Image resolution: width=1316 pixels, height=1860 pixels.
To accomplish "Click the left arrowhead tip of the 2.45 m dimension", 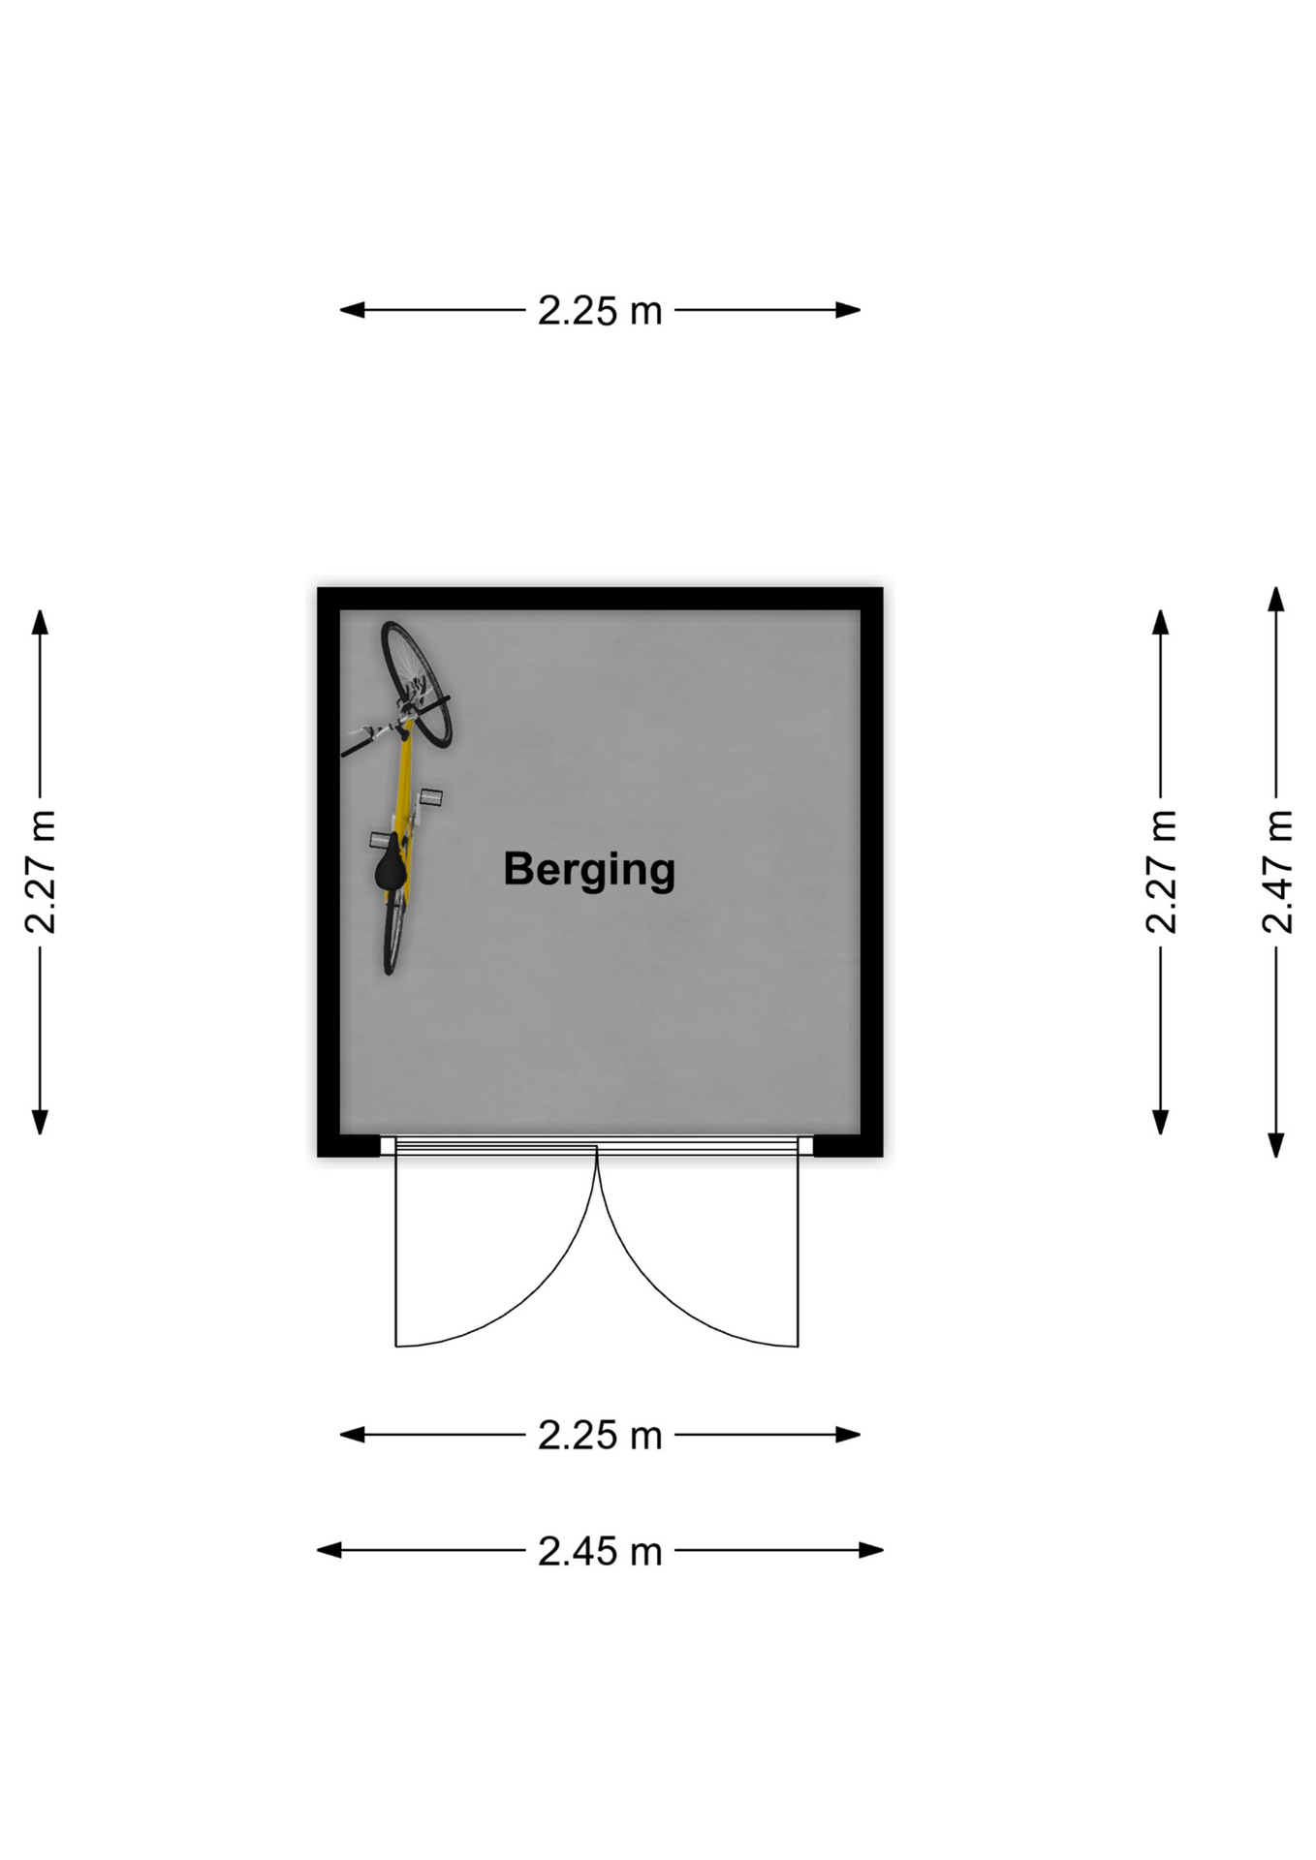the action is coord(318,1550).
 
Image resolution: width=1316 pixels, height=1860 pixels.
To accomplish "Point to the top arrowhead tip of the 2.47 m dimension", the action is coord(1276,587).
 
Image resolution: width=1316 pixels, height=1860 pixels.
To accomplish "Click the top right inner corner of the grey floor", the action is coord(861,610).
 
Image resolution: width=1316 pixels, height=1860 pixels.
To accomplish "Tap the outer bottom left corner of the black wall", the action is coord(318,1157).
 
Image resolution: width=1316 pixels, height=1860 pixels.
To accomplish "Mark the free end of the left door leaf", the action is coord(396,1346).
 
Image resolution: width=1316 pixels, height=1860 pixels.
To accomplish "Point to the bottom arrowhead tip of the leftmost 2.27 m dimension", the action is coord(40,1134).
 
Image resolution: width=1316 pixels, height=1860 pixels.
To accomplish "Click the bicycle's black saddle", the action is coord(391,865).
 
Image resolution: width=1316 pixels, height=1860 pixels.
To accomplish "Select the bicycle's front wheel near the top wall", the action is coord(417,684).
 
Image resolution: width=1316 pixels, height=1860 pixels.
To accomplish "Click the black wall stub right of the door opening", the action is coord(848,1146).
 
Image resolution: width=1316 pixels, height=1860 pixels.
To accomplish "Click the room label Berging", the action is coord(589,870).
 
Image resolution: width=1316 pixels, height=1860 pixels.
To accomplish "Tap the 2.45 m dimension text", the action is coord(600,1551).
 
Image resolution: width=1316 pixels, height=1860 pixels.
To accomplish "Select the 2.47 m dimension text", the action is coord(1277,872).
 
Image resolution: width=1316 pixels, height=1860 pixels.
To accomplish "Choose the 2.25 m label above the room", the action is coord(600,311).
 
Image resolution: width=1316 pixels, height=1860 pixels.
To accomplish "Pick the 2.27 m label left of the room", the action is coord(41,872).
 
